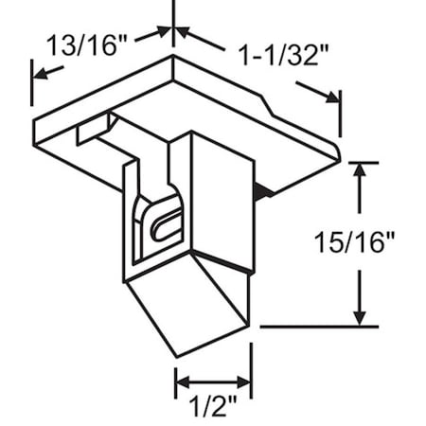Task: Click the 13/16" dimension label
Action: (84, 44)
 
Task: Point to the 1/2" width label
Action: (213, 409)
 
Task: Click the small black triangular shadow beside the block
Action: (266, 192)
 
